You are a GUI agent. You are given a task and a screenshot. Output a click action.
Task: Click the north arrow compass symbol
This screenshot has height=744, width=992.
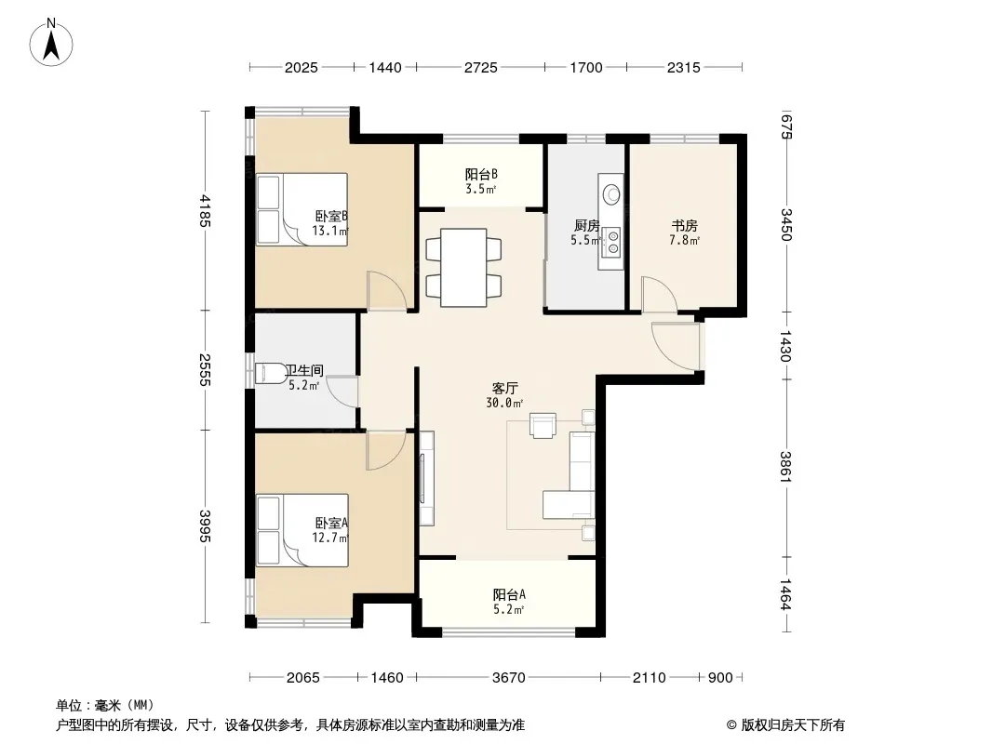tap(51, 43)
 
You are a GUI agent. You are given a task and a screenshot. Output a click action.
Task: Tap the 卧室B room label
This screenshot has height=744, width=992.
tap(331, 216)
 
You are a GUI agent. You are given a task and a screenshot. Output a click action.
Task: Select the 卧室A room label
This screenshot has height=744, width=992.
tap(331, 524)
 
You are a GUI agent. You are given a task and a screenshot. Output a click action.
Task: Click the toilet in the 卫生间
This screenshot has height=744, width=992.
tap(271, 373)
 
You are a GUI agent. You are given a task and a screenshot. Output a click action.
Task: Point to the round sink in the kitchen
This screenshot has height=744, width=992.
tap(611, 193)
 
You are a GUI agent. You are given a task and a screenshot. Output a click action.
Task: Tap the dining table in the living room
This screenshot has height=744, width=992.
tap(463, 268)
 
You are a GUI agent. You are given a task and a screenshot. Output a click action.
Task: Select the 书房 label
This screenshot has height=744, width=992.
tap(685, 226)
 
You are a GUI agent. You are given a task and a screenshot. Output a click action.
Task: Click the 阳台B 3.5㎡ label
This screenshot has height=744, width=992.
tap(481, 180)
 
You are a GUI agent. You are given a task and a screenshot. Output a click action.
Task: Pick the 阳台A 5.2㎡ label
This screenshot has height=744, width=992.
tap(509, 602)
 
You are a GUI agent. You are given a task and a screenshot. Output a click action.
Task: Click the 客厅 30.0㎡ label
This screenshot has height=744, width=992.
tap(505, 395)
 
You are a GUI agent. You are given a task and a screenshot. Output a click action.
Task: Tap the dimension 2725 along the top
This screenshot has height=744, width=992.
tap(481, 67)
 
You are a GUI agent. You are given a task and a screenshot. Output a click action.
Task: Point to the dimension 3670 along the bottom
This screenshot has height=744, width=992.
tap(509, 678)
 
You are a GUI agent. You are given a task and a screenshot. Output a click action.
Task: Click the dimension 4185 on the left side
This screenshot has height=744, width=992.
tap(205, 210)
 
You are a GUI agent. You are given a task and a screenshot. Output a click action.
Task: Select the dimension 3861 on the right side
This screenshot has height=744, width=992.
tap(785, 467)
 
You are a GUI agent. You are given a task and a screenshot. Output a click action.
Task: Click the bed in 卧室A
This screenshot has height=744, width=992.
tap(302, 530)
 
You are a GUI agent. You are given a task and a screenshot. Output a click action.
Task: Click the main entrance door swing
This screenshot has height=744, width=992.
tap(676, 346)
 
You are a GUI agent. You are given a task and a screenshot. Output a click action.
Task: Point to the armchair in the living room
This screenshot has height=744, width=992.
tap(543, 425)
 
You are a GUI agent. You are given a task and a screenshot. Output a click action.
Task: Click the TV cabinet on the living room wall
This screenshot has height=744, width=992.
tap(427, 478)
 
